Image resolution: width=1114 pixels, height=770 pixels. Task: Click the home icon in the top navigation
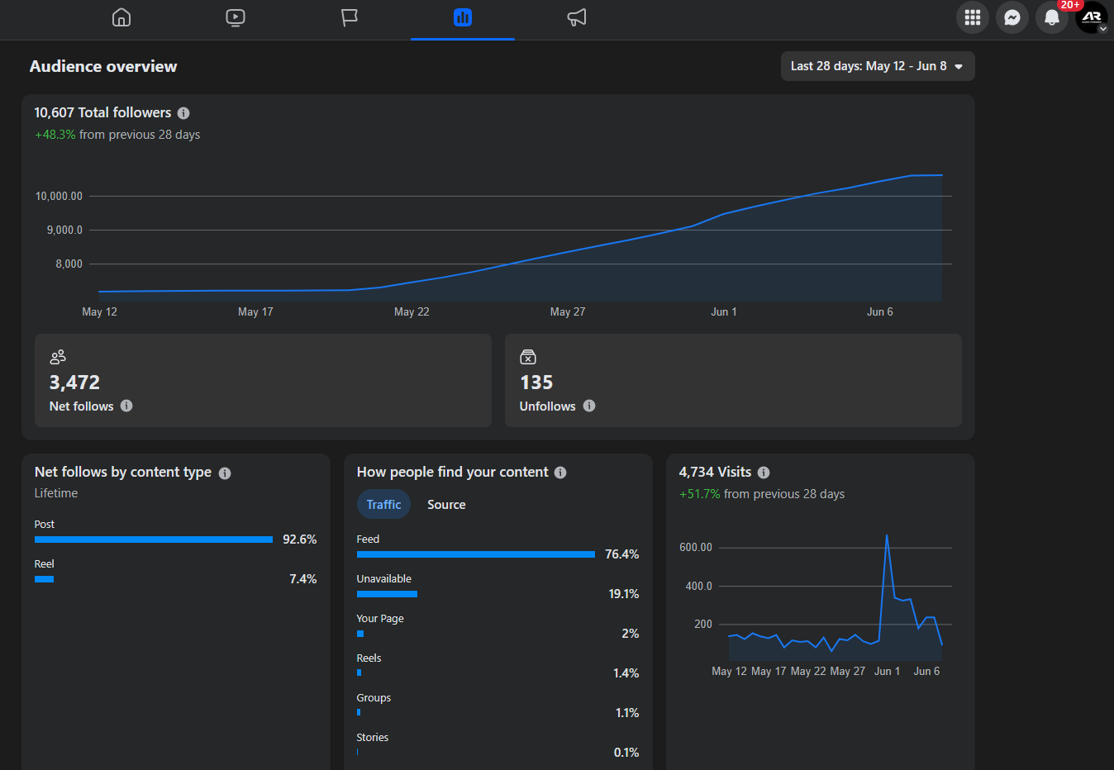pyautogui.click(x=121, y=18)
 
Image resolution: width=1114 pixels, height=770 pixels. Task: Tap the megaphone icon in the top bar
pyautogui.click(x=576, y=18)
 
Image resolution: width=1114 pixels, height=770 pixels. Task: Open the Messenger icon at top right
pyautogui.click(x=1012, y=18)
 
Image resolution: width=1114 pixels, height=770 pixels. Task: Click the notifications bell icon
pyautogui.click(x=1051, y=18)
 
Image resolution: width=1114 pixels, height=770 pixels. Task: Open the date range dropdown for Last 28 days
pyautogui.click(x=878, y=66)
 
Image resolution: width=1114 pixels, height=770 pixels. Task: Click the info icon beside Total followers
pyautogui.click(x=183, y=113)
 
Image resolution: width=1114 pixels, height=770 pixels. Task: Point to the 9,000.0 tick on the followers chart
pyautogui.click(x=64, y=231)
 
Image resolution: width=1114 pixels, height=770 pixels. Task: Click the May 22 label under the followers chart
pyautogui.click(x=412, y=311)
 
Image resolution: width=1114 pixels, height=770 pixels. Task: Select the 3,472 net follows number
pyautogui.click(x=74, y=383)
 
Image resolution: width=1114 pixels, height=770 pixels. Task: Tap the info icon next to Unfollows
pyautogui.click(x=589, y=406)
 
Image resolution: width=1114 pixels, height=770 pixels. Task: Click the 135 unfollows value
pyautogui.click(x=536, y=383)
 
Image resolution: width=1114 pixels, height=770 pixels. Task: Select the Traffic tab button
pyautogui.click(x=383, y=505)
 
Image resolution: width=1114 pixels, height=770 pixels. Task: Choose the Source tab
pyautogui.click(x=446, y=505)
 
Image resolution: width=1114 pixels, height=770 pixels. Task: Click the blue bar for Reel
pyautogui.click(x=45, y=579)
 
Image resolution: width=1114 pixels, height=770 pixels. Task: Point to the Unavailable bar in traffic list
pyautogui.click(x=387, y=594)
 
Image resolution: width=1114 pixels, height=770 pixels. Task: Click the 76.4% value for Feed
pyautogui.click(x=621, y=554)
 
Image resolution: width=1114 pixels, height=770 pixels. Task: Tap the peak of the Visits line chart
pyautogui.click(x=887, y=535)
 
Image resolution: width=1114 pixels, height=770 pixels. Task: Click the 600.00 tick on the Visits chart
pyautogui.click(x=696, y=547)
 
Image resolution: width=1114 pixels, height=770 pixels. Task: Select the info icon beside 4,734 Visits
pyautogui.click(x=764, y=473)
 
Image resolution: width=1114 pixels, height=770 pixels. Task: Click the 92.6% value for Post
pyautogui.click(x=299, y=539)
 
